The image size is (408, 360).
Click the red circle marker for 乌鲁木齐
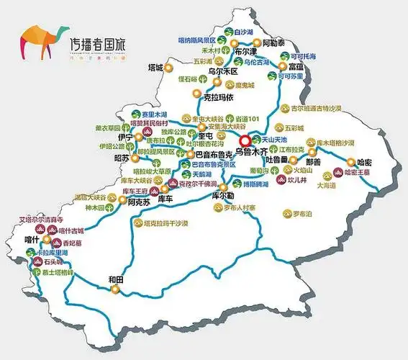[x=246, y=141]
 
